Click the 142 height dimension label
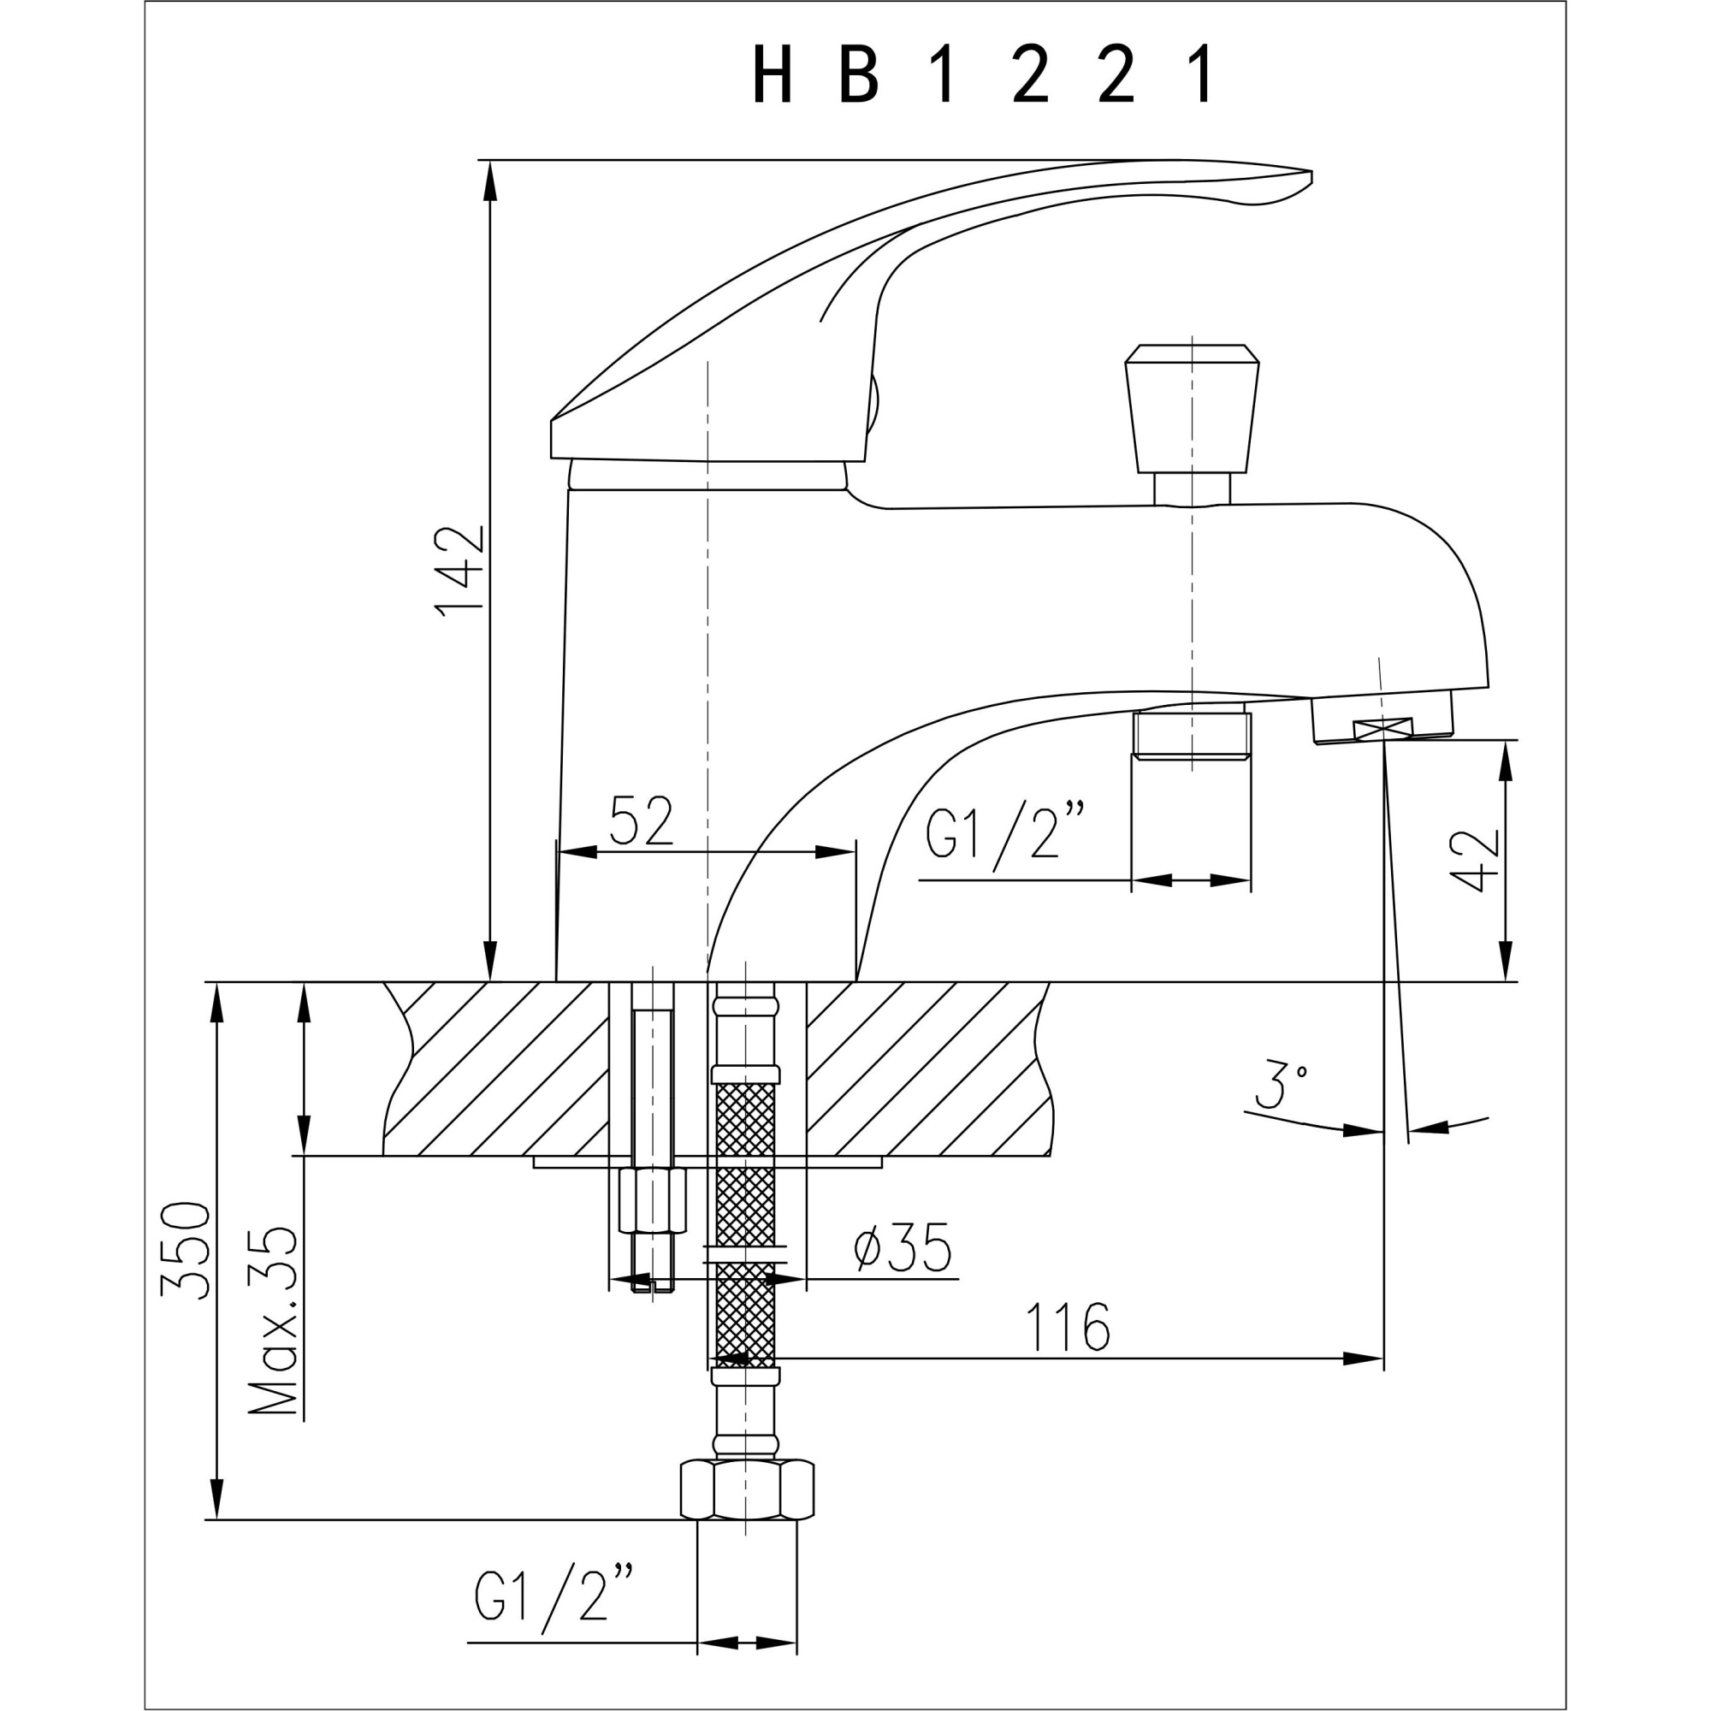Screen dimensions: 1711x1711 [459, 570]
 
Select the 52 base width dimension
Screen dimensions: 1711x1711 [642, 821]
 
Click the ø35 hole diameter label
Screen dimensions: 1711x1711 [903, 1249]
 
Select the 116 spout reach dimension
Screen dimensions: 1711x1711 [1067, 1327]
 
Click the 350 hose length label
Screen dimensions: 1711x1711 [186, 1249]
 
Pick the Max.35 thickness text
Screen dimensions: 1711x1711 [273, 1319]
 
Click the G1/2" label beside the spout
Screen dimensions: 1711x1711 [1005, 833]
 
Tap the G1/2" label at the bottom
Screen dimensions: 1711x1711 [554, 1596]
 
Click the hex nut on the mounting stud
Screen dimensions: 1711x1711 [653, 1200]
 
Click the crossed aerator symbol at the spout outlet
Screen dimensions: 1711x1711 [1382, 730]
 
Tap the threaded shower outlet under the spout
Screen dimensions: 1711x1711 [1191, 734]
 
